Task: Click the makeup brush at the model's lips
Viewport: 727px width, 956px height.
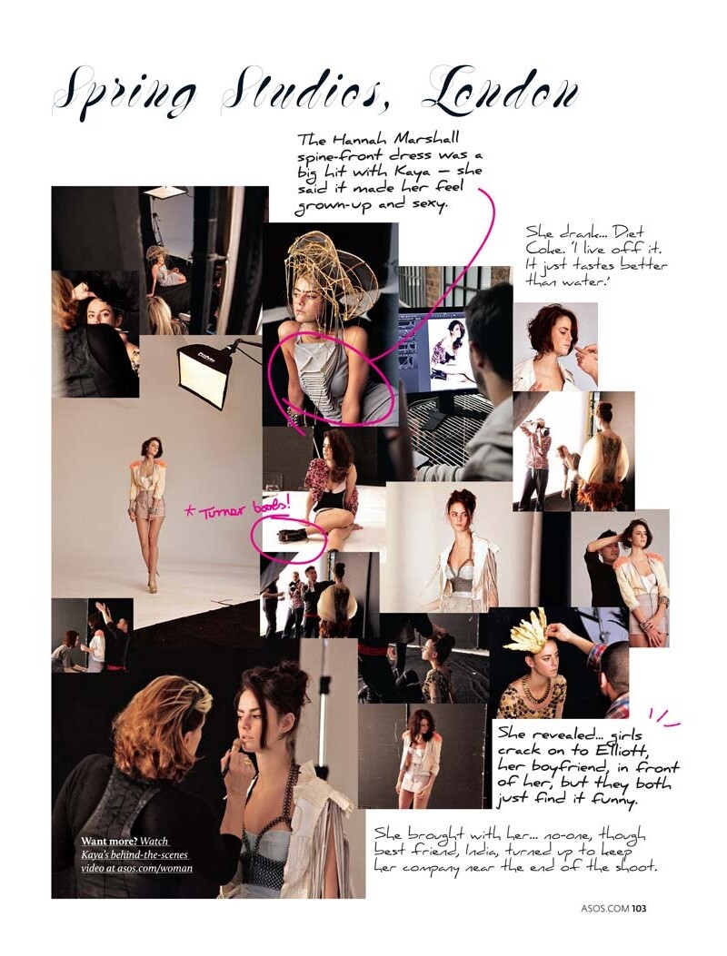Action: (x=237, y=754)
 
